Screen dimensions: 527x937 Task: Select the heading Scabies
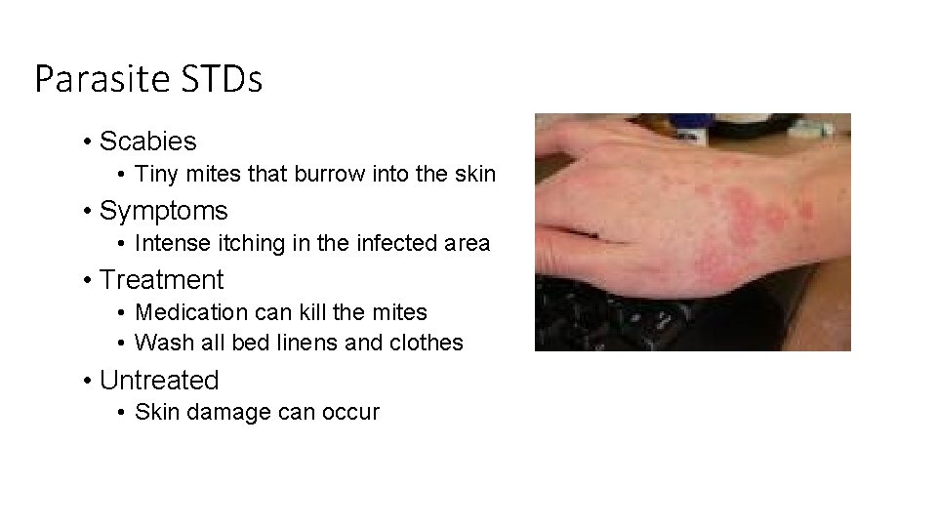148,142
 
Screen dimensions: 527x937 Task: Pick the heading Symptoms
164,211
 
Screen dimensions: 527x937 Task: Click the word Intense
170,244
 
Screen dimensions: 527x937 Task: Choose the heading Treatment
162,280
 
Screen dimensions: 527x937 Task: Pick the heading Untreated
160,380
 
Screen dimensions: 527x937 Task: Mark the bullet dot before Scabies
88,142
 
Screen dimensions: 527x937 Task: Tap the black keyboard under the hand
625,312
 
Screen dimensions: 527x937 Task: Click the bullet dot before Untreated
88,381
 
